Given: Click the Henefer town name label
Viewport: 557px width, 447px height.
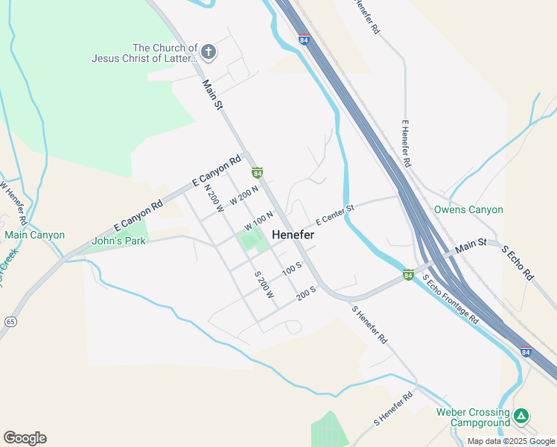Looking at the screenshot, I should click(293, 235).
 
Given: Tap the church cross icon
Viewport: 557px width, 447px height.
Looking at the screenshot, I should click(209, 52).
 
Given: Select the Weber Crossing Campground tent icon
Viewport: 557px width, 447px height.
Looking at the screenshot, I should click(522, 416).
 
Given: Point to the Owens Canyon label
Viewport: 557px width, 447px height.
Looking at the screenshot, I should click(468, 210).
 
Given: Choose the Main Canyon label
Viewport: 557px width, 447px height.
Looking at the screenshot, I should click(34, 235).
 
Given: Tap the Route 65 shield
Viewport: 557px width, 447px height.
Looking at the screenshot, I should click(10, 321).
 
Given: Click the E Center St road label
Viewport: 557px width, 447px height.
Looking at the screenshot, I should click(334, 216).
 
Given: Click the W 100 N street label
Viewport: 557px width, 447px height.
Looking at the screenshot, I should click(259, 221).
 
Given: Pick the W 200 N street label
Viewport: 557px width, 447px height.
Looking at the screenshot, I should click(244, 195).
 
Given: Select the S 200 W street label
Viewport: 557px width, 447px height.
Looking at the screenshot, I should click(264, 285).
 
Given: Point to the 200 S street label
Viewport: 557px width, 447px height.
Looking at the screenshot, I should click(307, 294).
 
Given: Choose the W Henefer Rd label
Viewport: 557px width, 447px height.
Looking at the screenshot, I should click(14, 203).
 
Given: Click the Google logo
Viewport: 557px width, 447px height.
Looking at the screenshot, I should click(25, 438).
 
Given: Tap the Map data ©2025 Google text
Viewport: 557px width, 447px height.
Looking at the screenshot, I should click(510, 441).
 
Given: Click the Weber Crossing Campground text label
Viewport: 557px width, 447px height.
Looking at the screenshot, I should click(473, 417).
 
